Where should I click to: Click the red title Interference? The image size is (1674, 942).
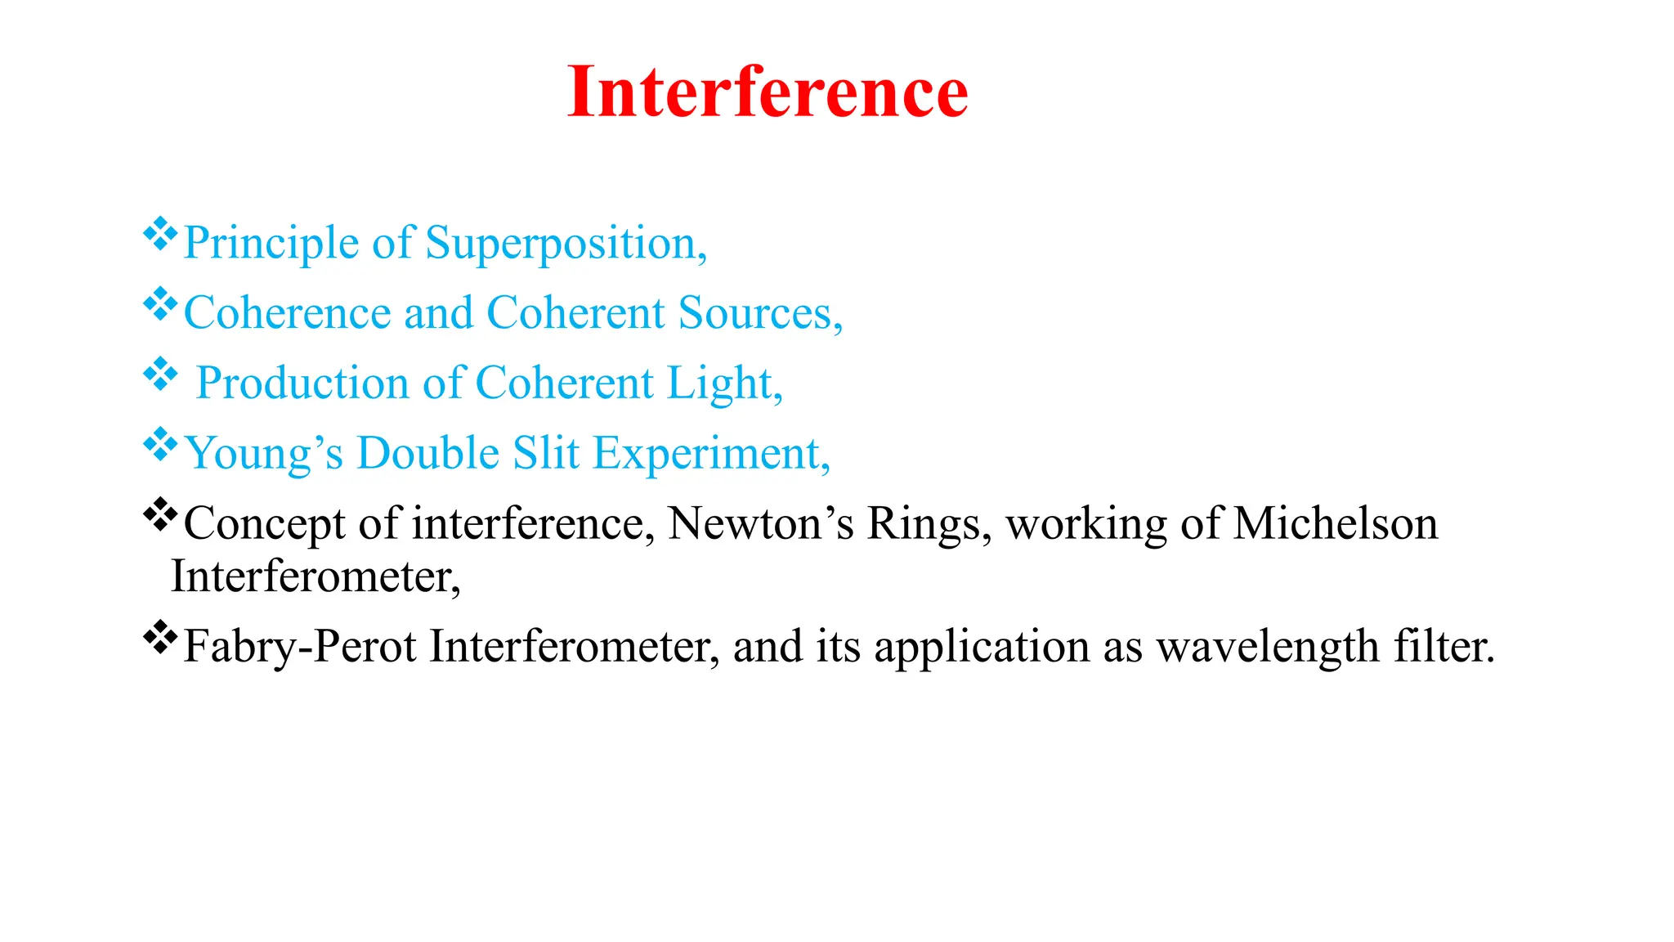[768, 92]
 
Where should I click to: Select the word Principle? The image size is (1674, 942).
[271, 244]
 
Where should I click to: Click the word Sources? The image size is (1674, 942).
[760, 313]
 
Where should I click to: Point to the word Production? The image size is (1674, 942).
[302, 384]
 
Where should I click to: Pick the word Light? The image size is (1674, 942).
[724, 384]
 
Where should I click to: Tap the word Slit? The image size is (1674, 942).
[546, 453]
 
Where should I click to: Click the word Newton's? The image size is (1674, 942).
[760, 523]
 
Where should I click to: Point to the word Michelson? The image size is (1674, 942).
[1335, 523]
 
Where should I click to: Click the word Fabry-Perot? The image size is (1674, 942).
[300, 647]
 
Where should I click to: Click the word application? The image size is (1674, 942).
[982, 647]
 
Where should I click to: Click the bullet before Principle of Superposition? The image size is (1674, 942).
[160, 235]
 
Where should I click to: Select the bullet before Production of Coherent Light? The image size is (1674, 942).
[160, 375]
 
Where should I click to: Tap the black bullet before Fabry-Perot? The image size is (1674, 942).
[160, 638]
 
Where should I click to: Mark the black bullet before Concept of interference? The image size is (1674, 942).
[160, 515]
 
